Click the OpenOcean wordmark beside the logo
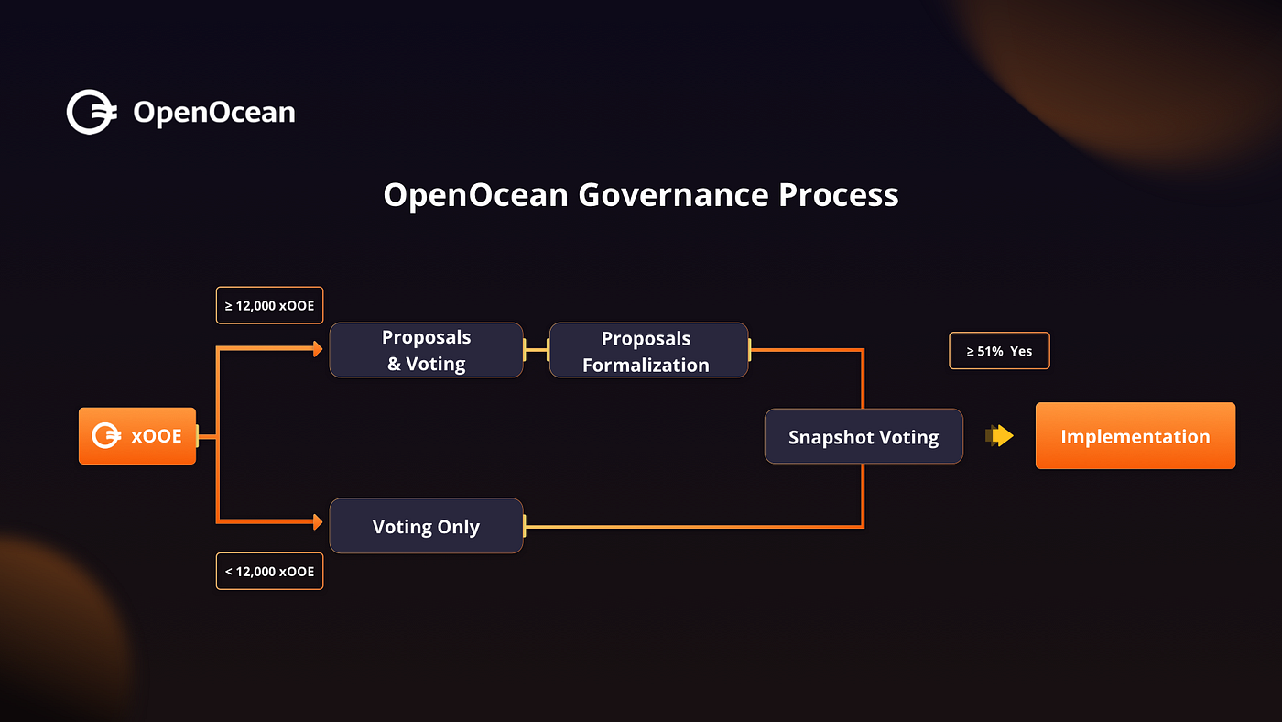click(214, 113)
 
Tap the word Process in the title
click(839, 195)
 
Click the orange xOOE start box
click(137, 436)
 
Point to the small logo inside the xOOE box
click(107, 436)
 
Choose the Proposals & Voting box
click(426, 350)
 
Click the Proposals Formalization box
click(648, 350)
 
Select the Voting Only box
click(426, 526)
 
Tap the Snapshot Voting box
click(864, 436)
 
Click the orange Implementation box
click(1135, 436)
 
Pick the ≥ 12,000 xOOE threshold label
click(269, 305)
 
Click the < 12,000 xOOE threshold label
click(269, 571)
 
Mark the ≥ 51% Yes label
click(999, 350)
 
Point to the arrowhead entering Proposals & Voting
click(317, 349)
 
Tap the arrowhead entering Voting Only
click(317, 522)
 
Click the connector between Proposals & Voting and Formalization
click(536, 350)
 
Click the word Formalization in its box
click(646, 365)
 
